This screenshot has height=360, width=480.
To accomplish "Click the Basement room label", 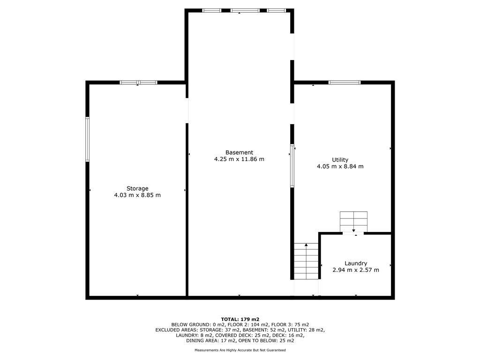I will pos(239,152).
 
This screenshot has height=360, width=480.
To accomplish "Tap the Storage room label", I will pos(137,188).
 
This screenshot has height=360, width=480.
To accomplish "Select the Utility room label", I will pos(340,160).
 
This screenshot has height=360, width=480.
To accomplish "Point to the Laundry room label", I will pos(356,263).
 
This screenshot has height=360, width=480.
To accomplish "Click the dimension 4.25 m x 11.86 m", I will pos(239,159).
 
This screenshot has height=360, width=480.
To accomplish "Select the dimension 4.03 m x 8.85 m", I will pos(137,195).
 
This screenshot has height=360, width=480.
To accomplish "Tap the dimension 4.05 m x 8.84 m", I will pos(340,166).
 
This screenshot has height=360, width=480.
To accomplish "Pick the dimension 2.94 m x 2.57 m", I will pos(356,270).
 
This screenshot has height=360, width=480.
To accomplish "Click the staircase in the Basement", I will pos(306,262).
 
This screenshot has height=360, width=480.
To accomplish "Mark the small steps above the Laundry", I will pos(353,221).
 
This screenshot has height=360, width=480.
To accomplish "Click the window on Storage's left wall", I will pos(87,139).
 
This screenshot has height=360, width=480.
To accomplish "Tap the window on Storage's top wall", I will pos(138,82).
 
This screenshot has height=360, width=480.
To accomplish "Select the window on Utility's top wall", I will pos(345,82).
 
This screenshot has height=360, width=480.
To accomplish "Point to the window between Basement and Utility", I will pos(292,166).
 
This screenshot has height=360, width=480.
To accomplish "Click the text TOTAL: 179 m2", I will pos(240,319).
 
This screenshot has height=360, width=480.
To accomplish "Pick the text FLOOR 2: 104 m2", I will pos(251,324).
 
